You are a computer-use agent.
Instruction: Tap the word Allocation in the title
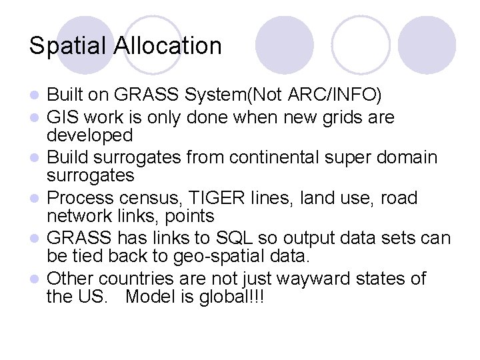click(168, 46)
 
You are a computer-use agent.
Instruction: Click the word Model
click(151, 296)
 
